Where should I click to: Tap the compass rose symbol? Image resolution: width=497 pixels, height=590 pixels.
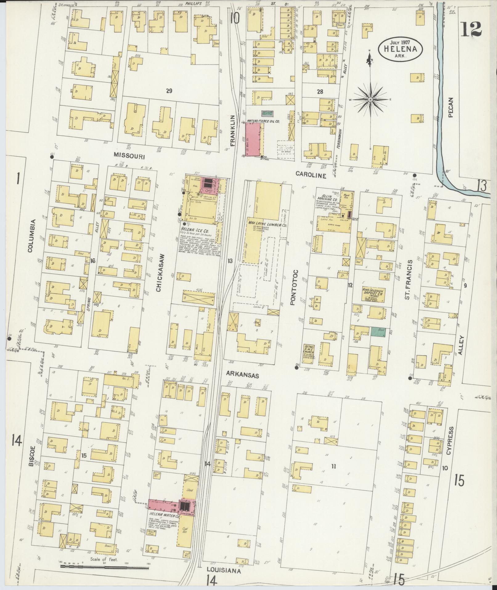click(x=370, y=99)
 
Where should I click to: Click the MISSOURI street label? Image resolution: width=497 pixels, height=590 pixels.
click(x=129, y=157)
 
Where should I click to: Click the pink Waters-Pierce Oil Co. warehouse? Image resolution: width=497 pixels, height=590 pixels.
click(x=252, y=139)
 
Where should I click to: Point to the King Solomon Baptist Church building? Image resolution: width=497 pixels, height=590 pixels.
click(x=372, y=295)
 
